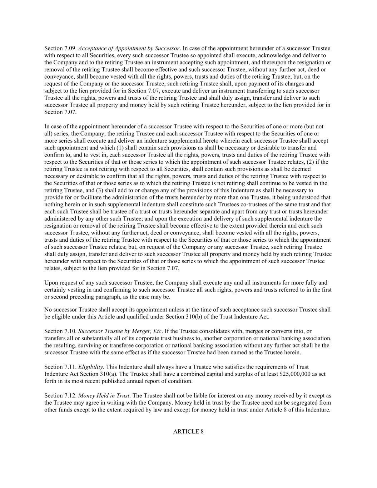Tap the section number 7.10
[x=60, y=331]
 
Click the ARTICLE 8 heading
[x=188, y=432]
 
